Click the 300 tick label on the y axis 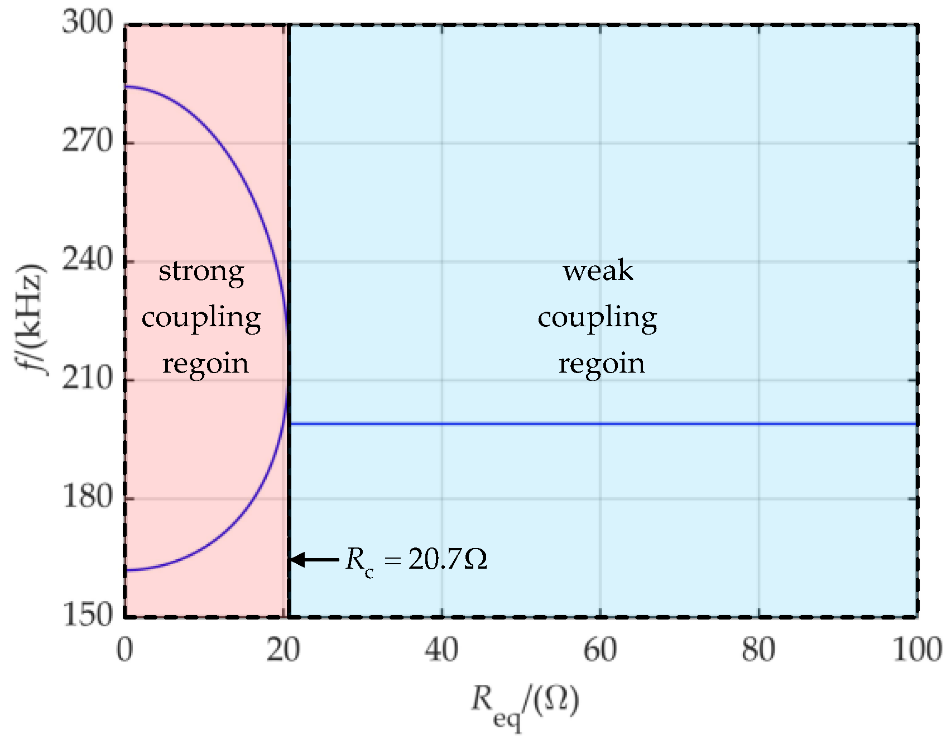click(x=87, y=23)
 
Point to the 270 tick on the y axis click(x=87, y=142)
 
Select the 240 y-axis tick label click(x=87, y=260)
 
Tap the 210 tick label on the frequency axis click(x=87, y=379)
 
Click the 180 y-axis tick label click(x=87, y=497)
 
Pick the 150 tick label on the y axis click(x=87, y=615)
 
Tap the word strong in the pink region click(x=201, y=272)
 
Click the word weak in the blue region click(x=598, y=271)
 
